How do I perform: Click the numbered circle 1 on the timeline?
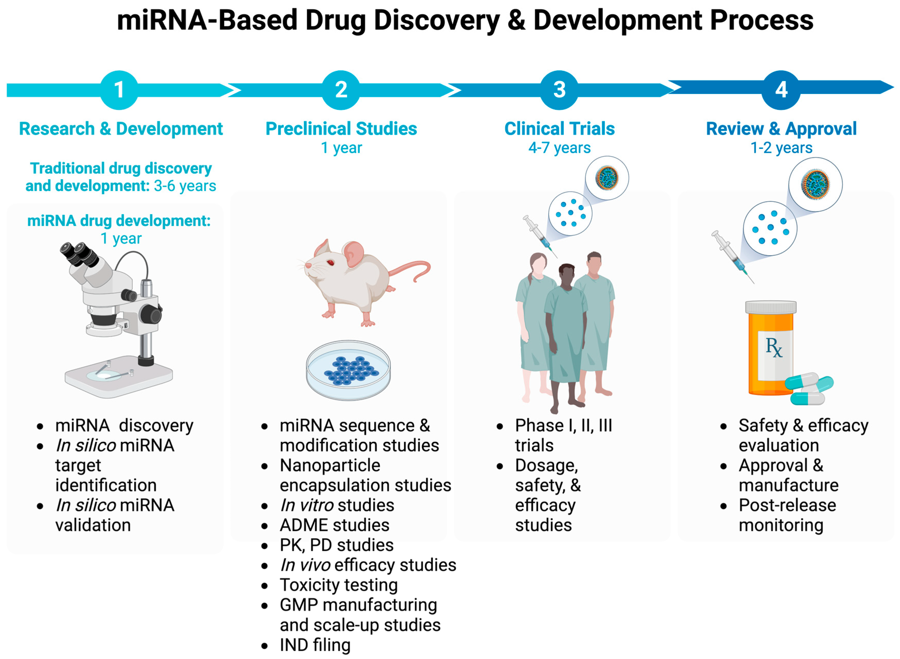[x=119, y=90]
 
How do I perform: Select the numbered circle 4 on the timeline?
[x=781, y=90]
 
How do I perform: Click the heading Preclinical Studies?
[x=341, y=129]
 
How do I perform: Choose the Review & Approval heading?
[x=781, y=129]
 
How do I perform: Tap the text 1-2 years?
[x=781, y=148]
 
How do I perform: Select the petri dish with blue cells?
[x=348, y=370]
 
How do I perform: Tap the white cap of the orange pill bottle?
[x=770, y=307]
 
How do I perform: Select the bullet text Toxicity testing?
[x=339, y=585]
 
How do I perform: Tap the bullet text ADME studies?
[x=334, y=525]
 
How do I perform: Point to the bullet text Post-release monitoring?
[x=787, y=515]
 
